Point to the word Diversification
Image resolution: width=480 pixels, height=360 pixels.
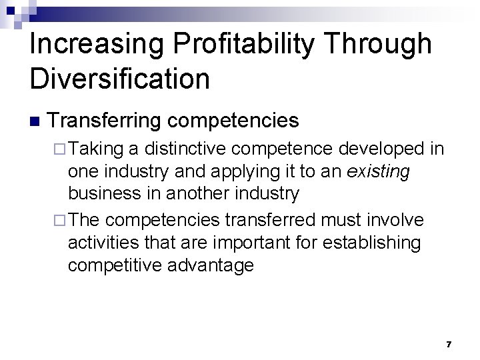coord(120,79)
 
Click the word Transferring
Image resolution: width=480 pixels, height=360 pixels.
coord(103,121)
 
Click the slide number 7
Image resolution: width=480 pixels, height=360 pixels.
coord(449,345)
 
